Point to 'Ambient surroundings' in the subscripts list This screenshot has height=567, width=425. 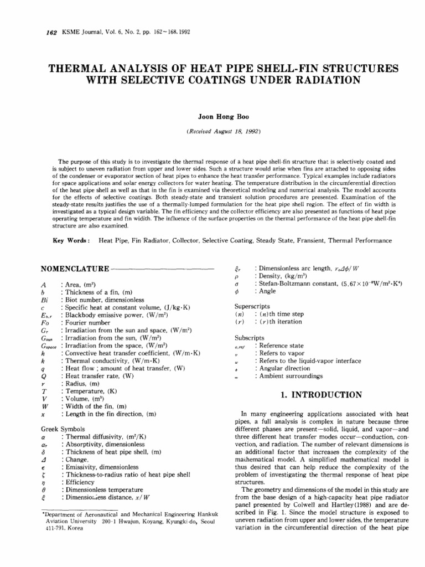click(x=288, y=376)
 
